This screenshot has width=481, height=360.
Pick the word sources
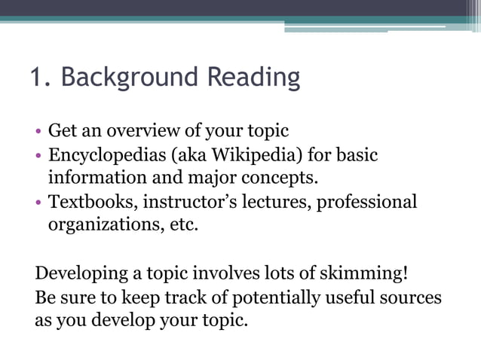point(411,297)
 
